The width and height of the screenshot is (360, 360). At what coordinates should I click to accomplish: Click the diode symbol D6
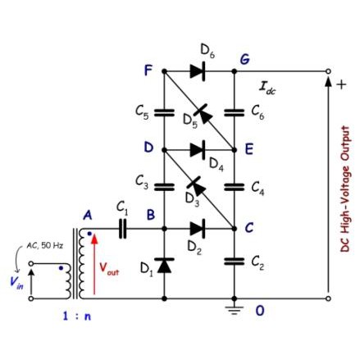198,71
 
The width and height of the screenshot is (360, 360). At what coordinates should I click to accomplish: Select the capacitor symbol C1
123,228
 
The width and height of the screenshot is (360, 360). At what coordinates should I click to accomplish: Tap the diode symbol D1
164,265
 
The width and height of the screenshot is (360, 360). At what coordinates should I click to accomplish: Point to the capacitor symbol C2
234,262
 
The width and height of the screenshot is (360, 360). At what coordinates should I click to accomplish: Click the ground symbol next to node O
234,310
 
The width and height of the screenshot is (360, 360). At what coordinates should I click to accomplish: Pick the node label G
244,59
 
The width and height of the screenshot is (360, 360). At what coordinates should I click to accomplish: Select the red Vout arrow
94,264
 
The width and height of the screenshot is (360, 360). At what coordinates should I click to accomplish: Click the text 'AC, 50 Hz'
45,245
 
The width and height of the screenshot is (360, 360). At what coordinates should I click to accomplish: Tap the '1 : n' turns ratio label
77,316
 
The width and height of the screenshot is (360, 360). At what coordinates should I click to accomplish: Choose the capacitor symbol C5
164,112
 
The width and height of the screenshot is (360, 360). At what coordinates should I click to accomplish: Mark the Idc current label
267,89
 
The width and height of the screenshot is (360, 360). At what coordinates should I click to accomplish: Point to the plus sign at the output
341,84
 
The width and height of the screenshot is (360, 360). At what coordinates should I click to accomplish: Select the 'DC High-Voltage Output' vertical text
345,189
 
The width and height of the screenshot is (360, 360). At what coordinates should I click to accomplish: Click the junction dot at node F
164,71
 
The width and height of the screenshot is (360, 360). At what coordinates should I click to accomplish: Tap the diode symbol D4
198,150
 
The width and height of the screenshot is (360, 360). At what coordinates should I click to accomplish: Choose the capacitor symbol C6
234,112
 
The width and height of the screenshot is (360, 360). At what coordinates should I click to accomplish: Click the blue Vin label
16,281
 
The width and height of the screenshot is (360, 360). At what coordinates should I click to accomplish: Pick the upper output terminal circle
328,71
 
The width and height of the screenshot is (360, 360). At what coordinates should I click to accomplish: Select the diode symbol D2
198,228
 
